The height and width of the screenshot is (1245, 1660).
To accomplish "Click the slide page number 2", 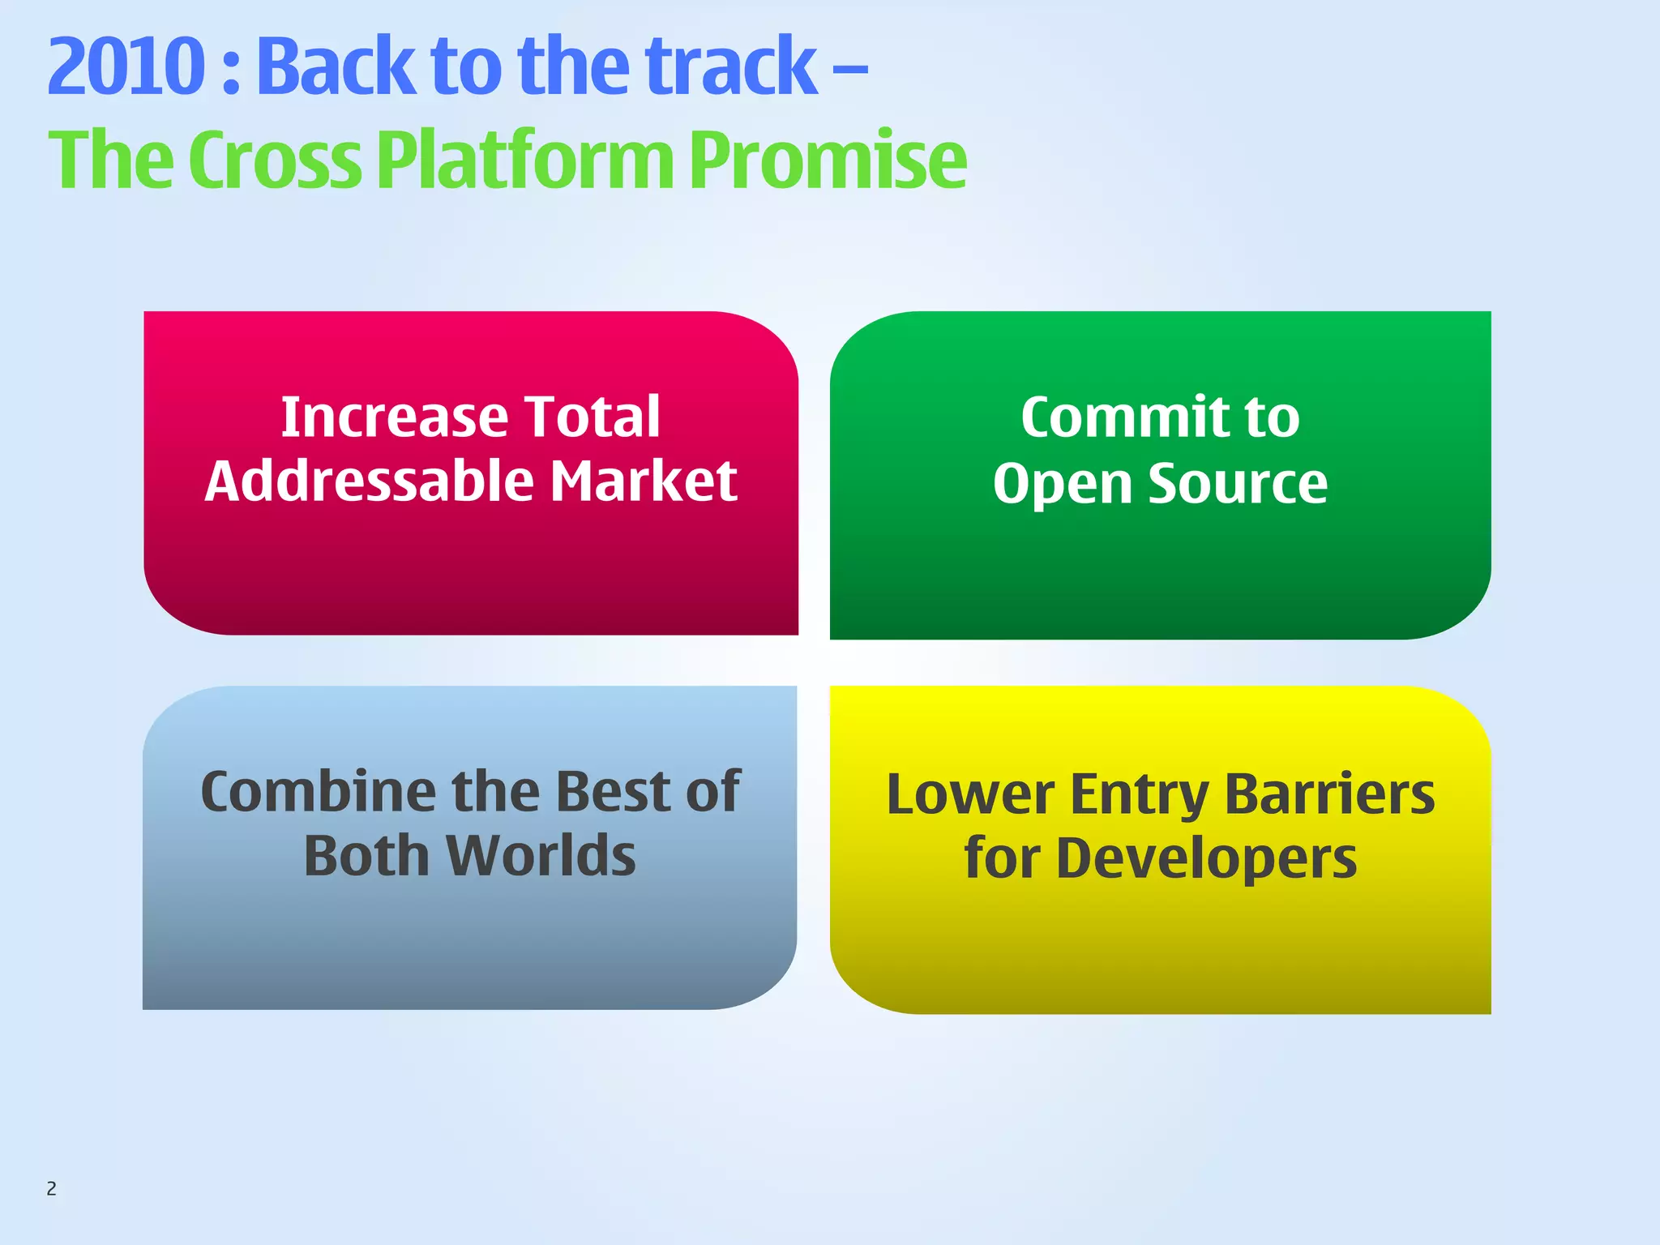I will (51, 1189).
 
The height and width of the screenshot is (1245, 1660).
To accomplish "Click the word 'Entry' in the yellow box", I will (1140, 794).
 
